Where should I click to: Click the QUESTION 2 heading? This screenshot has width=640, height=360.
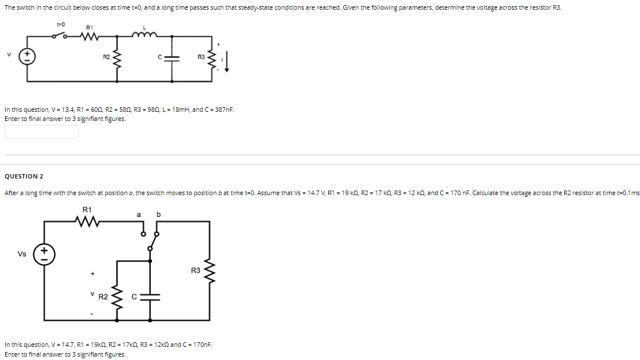[x=24, y=176]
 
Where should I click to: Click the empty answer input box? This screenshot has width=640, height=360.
[x=42, y=132]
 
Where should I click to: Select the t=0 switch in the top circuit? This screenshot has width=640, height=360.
[x=61, y=35]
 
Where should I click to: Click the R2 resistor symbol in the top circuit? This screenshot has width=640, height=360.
[x=117, y=58]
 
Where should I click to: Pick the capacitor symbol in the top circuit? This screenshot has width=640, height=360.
[x=172, y=58]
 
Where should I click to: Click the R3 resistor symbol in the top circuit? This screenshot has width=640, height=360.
[x=214, y=58]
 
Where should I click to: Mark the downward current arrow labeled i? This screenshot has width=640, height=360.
[x=227, y=60]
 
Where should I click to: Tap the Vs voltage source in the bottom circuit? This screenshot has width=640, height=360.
[x=44, y=254]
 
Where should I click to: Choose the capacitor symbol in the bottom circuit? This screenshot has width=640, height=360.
[x=150, y=297]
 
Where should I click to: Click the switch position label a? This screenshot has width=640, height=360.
[x=138, y=215]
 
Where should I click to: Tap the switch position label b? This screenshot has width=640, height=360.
[x=159, y=215]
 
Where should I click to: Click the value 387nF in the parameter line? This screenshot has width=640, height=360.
[x=224, y=110]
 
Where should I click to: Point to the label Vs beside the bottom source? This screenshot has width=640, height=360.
[x=22, y=254]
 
